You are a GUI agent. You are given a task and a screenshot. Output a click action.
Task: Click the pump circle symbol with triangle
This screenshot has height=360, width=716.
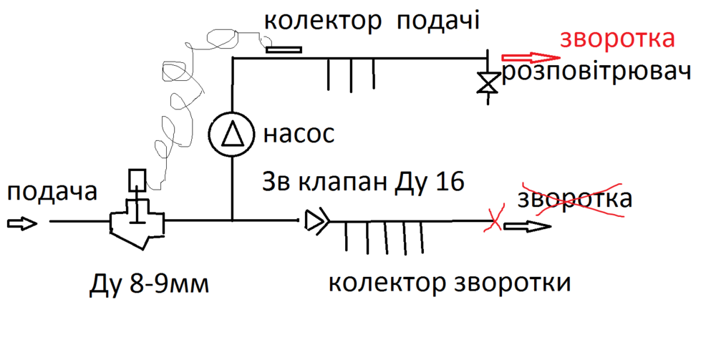[x=232, y=134]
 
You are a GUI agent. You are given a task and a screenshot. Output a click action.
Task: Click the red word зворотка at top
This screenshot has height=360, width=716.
[x=616, y=39]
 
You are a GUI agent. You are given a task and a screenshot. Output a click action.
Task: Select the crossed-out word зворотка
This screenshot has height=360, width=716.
[x=576, y=198]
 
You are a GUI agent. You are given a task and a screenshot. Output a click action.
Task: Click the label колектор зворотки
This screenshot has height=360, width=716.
[x=450, y=283]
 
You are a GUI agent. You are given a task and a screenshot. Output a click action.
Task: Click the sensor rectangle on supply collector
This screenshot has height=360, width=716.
[x=283, y=50]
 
